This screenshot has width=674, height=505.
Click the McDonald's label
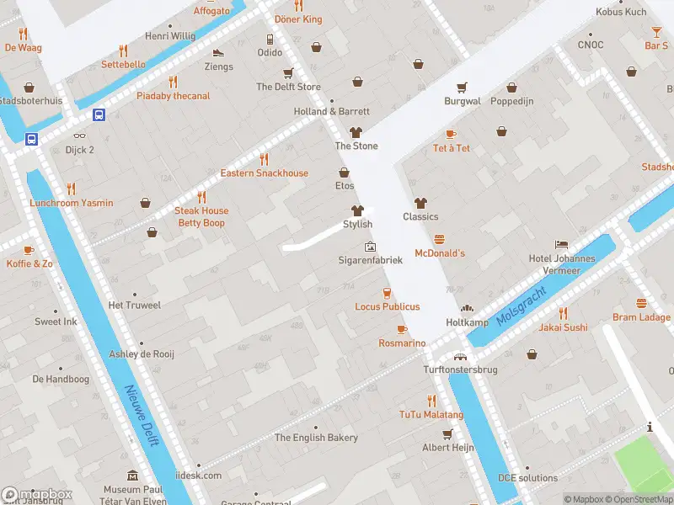click(440, 253)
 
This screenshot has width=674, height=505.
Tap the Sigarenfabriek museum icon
click(370, 247)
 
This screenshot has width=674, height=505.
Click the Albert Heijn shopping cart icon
click(447, 433)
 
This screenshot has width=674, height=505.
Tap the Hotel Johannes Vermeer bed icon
click(561, 244)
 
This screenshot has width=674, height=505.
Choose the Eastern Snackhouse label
click(265, 173)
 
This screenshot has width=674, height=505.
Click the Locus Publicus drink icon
click(387, 293)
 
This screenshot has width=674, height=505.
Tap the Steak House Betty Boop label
click(201, 217)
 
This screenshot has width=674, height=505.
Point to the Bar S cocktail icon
click(656, 32)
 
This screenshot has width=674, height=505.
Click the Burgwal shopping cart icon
click(462, 88)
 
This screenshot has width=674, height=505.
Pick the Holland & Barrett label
click(332, 111)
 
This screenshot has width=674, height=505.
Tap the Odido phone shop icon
click(270, 39)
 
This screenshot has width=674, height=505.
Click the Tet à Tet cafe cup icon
click(451, 135)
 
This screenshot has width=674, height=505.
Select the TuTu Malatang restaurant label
click(431, 415)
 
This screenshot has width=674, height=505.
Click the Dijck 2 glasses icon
click(80, 136)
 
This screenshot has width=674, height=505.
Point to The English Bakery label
click(316, 438)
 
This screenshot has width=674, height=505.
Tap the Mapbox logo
click(36, 495)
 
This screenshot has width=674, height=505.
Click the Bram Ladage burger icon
click(642, 303)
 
